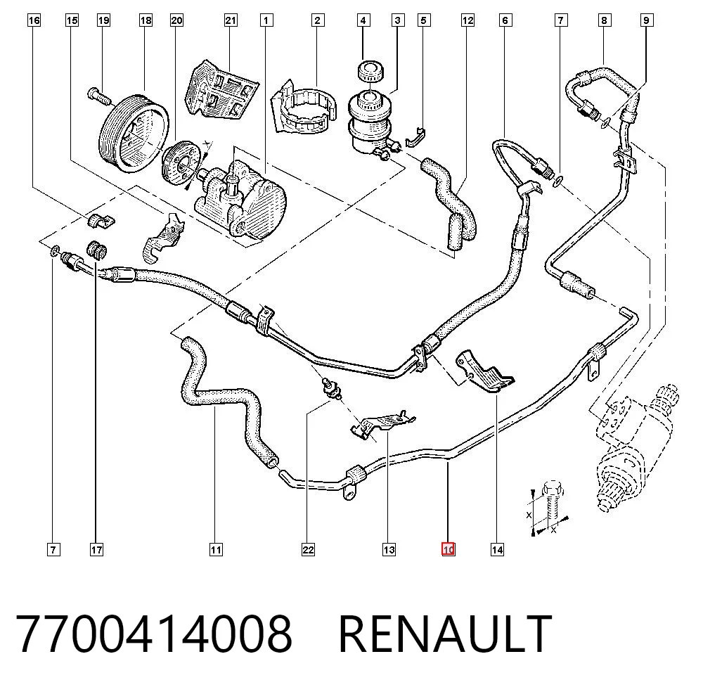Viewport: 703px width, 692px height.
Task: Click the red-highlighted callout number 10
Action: pos(448,549)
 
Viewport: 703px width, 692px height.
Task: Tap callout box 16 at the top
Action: pos(34,20)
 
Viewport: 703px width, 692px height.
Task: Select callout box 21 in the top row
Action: pos(231,20)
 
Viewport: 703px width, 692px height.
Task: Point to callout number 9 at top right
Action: pos(646,20)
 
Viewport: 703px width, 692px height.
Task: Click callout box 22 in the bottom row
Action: pos(308,549)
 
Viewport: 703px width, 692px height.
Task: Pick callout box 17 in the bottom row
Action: pos(96,549)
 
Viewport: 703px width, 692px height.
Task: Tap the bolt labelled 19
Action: pos(98,96)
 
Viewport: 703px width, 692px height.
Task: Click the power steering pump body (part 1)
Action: pos(240,198)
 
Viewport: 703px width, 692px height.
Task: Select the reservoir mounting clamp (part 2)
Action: pos(304,105)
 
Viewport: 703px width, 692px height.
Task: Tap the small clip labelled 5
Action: pos(416,138)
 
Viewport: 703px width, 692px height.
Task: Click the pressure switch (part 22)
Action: pos(331,389)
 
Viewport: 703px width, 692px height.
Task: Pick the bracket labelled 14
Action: pos(485,373)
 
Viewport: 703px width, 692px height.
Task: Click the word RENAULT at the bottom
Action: pos(445,634)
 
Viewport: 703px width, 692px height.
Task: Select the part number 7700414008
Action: pos(154,634)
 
